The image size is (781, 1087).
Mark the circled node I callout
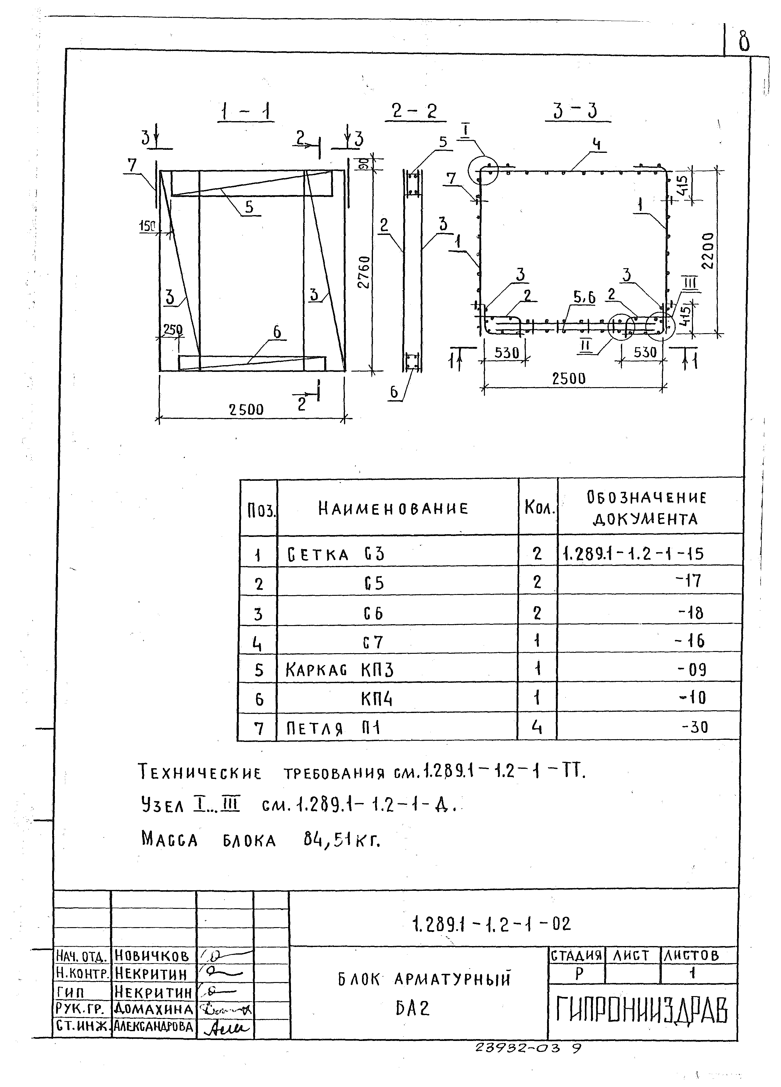[483, 170]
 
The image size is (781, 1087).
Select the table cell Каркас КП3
[339, 670]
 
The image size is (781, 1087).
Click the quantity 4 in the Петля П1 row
[537, 728]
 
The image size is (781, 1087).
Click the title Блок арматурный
[424, 979]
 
